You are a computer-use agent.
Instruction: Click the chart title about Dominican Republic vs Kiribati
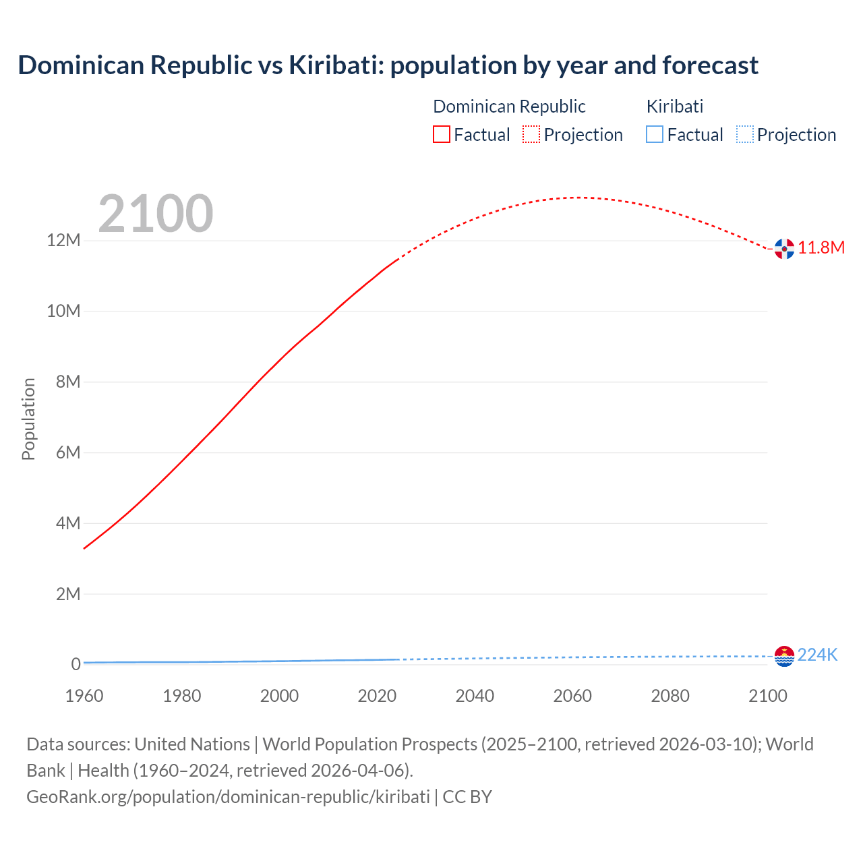pyautogui.click(x=388, y=65)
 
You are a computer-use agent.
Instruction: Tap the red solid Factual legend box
pyautogui.click(x=441, y=134)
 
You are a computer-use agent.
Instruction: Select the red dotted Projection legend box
pyautogui.click(x=531, y=134)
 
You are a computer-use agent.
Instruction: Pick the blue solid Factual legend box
pyautogui.click(x=655, y=134)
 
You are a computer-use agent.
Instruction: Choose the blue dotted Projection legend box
pyautogui.click(x=745, y=134)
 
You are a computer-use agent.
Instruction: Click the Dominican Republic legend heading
pyautogui.click(x=509, y=107)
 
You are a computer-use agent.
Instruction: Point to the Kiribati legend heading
pyautogui.click(x=674, y=107)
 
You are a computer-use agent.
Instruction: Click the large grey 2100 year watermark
pyautogui.click(x=156, y=214)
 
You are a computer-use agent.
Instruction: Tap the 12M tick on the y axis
pyautogui.click(x=63, y=241)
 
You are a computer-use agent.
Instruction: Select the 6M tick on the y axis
pyautogui.click(x=68, y=452)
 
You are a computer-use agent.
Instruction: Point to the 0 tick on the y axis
pyautogui.click(x=76, y=664)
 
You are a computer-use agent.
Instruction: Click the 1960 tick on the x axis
pyautogui.click(x=84, y=696)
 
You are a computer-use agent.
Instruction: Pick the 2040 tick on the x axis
pyautogui.click(x=475, y=696)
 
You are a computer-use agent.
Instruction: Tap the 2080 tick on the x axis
pyautogui.click(x=670, y=696)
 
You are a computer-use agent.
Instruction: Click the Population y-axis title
pyautogui.click(x=28, y=419)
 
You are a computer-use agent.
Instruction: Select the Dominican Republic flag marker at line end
pyautogui.click(x=784, y=249)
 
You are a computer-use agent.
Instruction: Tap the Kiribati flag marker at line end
pyautogui.click(x=784, y=656)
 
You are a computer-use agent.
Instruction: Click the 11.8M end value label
pyautogui.click(x=821, y=248)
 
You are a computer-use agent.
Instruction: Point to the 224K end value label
pyautogui.click(x=817, y=655)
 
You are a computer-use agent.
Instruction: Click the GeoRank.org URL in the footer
pyautogui.click(x=228, y=797)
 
